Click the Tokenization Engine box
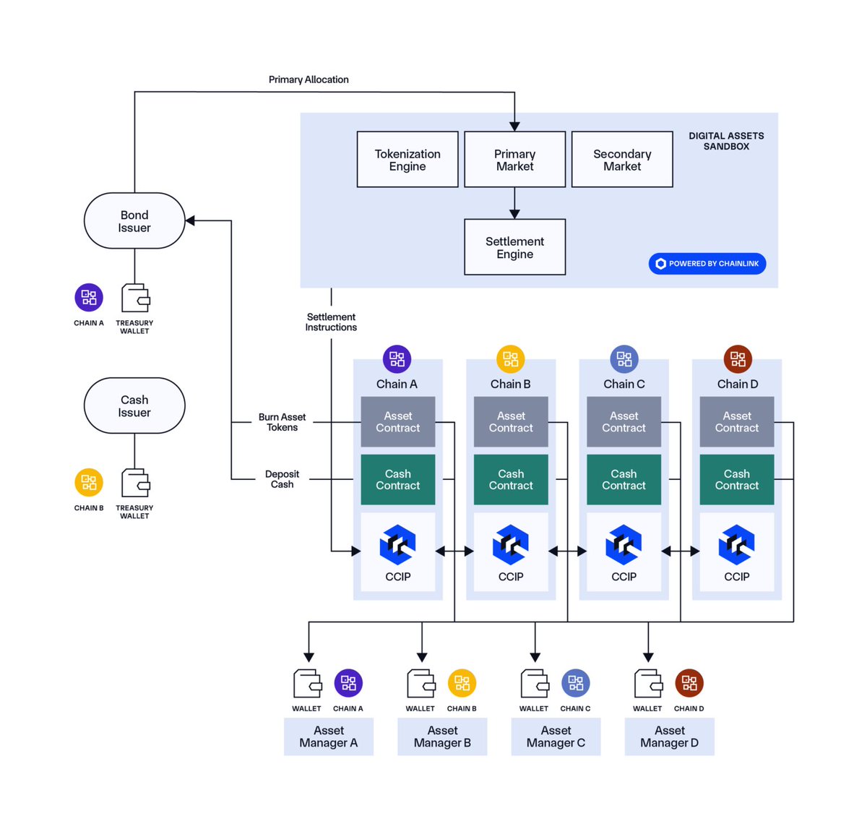point(407,160)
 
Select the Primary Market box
point(514,160)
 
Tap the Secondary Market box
point(622,160)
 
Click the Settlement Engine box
point(514,247)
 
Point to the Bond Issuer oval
point(134,220)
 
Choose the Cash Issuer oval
point(134,405)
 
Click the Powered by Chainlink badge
point(707,264)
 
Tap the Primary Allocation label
point(309,80)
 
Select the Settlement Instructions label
point(331,322)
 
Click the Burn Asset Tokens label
point(282,422)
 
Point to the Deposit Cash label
point(282,479)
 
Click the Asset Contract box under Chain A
point(398,421)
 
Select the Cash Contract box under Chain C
point(624,479)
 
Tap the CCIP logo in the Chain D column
point(736,545)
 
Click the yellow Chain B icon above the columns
point(510,358)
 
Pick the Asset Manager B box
point(442,736)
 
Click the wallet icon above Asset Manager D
point(648,683)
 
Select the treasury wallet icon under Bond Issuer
point(135,298)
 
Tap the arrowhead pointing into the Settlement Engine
point(514,214)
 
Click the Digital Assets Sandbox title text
point(726,141)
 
